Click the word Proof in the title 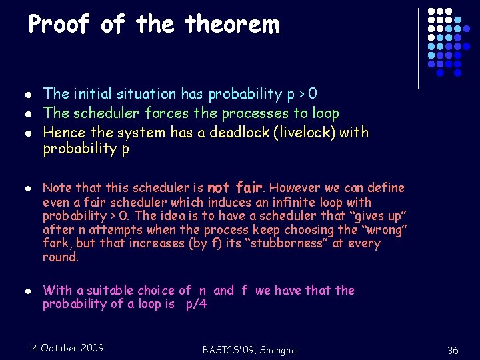(x=59, y=25)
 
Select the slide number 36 (x=453, y=350)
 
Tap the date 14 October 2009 (x=67, y=348)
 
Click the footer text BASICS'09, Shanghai (x=249, y=350)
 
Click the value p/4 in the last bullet (x=195, y=304)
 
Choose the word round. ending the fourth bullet (x=61, y=257)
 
